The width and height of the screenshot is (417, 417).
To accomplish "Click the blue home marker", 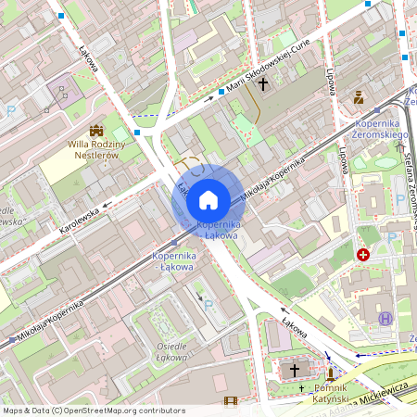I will pyautogui.click(x=208, y=198).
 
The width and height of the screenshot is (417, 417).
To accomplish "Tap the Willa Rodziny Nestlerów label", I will pyautogui.click(x=94, y=149).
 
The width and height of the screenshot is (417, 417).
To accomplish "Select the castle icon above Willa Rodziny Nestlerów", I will pyautogui.click(x=95, y=131).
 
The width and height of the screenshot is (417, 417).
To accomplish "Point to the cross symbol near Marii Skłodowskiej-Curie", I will pyautogui.click(x=263, y=85).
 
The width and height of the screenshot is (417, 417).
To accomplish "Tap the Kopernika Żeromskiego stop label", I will pyautogui.click(x=381, y=129).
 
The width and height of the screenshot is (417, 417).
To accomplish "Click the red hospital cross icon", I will pyautogui.click(x=363, y=253).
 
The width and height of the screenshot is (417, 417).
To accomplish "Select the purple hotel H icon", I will pyautogui.click(x=385, y=318).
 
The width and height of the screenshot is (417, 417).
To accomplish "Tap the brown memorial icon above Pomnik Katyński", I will pyautogui.click(x=331, y=374).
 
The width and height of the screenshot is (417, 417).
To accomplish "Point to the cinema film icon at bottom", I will pyautogui.click(x=231, y=401).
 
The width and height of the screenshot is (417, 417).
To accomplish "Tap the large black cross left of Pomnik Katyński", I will pyautogui.click(x=296, y=369).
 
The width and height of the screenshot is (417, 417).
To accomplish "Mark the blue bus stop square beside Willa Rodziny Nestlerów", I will pyautogui.click(x=137, y=133).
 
